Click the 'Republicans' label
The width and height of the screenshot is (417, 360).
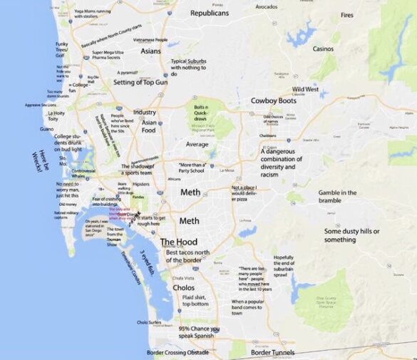210,13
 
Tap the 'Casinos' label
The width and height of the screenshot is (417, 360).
323,48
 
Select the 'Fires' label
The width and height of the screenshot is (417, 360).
347,15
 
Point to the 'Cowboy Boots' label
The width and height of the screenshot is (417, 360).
273,101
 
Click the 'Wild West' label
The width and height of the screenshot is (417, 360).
306,89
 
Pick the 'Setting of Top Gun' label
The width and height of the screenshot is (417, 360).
139,83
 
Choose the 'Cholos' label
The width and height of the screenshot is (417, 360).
184,287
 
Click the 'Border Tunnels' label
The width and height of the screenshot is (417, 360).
272,352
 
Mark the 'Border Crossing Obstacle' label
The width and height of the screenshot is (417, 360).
177,352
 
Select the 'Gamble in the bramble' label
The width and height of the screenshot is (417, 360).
338,197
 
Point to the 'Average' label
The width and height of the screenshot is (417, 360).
197,144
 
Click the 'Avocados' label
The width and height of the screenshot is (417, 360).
267,6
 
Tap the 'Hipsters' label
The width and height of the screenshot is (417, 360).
140,183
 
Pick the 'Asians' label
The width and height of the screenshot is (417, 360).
150,51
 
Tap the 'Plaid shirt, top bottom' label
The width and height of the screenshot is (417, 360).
195,300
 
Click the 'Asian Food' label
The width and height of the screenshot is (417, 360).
148,126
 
